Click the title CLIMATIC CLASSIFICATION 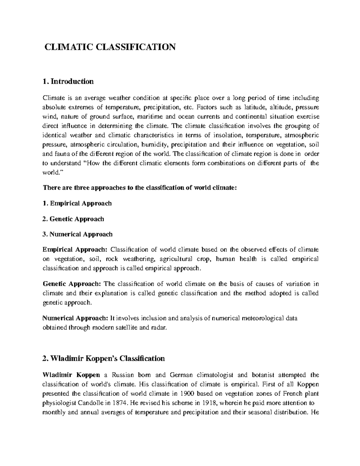(110, 47)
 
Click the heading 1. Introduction (68, 81)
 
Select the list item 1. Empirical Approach (77, 203)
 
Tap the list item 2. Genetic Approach (73, 219)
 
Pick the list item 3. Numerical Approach (77, 234)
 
